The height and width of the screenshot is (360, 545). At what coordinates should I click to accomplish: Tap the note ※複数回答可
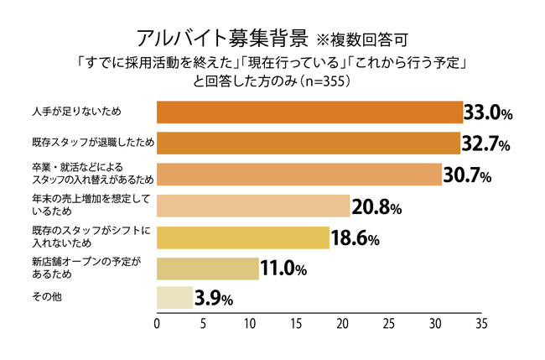click(363, 40)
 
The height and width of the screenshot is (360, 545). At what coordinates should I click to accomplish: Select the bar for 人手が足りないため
click(309, 112)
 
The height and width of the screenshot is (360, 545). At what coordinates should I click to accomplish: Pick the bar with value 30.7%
click(299, 175)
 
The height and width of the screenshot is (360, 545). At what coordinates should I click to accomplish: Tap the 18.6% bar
click(243, 237)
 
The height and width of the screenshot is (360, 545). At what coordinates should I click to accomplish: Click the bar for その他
click(175, 298)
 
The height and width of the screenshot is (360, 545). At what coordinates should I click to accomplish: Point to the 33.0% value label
click(495, 113)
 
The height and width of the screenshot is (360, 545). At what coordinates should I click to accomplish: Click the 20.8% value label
click(377, 207)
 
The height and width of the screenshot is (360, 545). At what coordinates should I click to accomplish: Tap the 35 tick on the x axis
click(480, 322)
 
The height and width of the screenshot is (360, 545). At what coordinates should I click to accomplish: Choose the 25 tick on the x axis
click(388, 322)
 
